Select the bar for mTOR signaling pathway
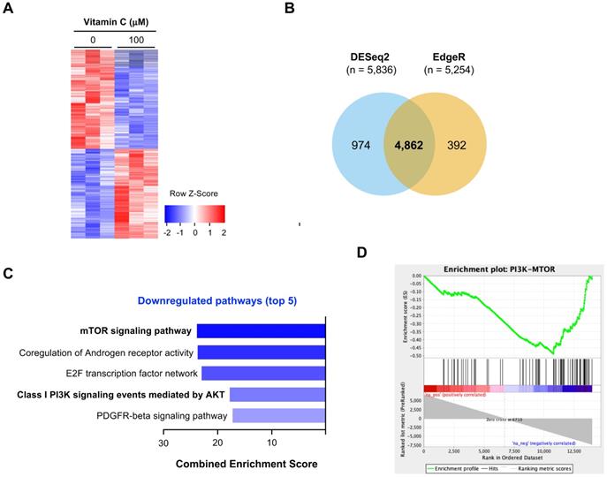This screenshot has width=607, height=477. coord(262,332)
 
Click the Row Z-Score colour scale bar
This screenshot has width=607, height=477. coord(194,213)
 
